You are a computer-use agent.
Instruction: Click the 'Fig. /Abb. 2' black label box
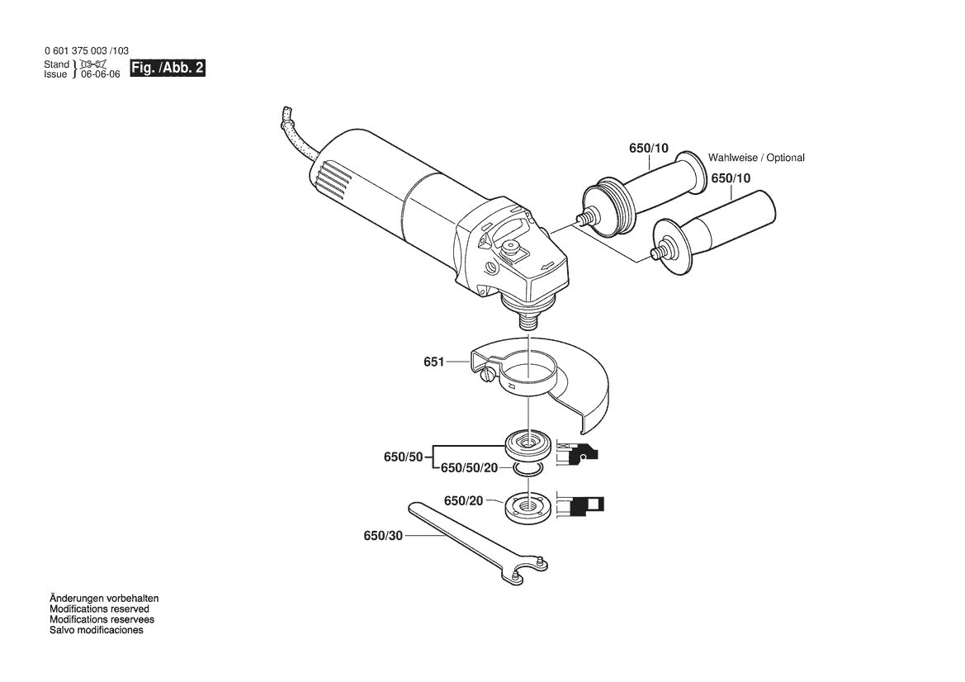pyautogui.click(x=168, y=68)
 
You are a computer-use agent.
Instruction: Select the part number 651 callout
pyautogui.click(x=433, y=362)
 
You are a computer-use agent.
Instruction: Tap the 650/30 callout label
pyautogui.click(x=383, y=536)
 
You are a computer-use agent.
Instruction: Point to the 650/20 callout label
pyautogui.click(x=463, y=501)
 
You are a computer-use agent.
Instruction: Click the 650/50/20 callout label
pyautogui.click(x=470, y=468)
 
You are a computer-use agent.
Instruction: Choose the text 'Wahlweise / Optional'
pyautogui.click(x=756, y=158)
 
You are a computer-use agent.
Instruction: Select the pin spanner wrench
pyautogui.click(x=478, y=542)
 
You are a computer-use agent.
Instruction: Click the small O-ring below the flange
pyautogui.click(x=528, y=471)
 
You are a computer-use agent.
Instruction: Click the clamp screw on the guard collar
pyautogui.click(x=487, y=374)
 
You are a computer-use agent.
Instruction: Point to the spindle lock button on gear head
pyautogui.click(x=510, y=248)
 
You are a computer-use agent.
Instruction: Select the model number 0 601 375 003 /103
pyautogui.click(x=87, y=52)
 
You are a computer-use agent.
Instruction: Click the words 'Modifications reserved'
pyautogui.click(x=99, y=609)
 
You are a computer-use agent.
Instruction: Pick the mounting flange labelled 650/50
pyautogui.click(x=527, y=446)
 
